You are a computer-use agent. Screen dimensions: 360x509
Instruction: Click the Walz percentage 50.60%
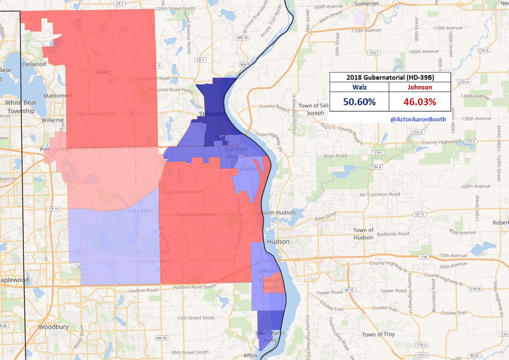(359, 102)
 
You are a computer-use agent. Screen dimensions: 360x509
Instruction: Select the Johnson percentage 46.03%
(420, 102)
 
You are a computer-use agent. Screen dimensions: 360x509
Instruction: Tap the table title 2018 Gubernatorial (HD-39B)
(390, 77)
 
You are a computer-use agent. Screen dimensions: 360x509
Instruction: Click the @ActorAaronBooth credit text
(418, 119)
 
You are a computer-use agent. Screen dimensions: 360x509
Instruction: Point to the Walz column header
(359, 87)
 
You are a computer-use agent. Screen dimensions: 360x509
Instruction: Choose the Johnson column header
(420, 87)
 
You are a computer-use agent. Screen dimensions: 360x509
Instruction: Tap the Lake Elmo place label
(138, 211)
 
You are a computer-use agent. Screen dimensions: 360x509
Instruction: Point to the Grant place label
(103, 72)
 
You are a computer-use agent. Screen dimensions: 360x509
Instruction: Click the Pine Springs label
(54, 149)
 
